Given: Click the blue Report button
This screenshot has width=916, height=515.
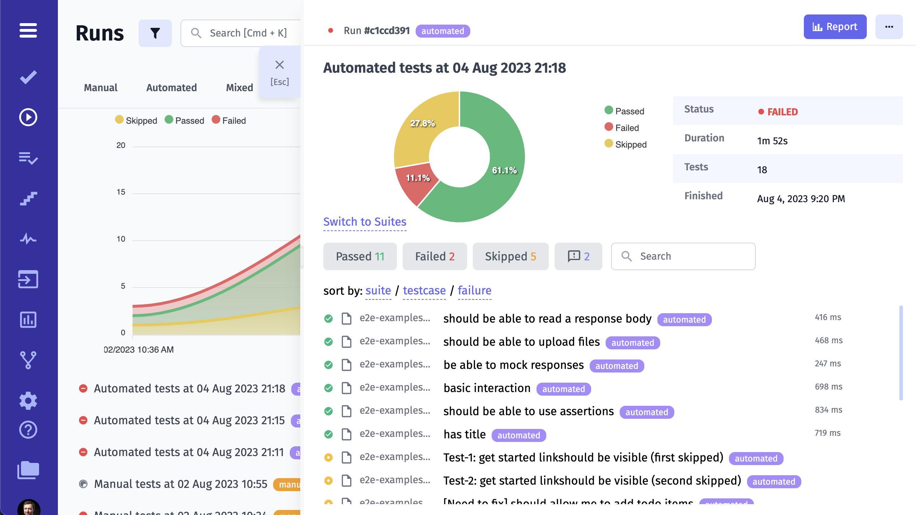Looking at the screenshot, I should (835, 27).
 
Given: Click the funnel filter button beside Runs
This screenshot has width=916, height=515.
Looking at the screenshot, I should (155, 33).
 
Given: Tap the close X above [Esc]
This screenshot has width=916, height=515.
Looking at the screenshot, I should (279, 65).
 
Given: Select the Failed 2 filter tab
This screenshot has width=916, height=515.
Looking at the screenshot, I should (434, 256).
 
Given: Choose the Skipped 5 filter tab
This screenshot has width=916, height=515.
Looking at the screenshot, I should (510, 256).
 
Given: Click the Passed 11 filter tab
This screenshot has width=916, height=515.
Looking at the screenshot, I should (360, 256).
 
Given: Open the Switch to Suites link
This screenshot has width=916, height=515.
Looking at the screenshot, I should (365, 222).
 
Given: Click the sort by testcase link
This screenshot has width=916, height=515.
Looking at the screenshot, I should (424, 290).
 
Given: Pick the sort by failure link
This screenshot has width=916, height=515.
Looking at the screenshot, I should (474, 290).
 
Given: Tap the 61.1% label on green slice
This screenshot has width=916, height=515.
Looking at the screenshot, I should (504, 170).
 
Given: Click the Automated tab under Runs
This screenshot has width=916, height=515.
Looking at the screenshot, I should (171, 88).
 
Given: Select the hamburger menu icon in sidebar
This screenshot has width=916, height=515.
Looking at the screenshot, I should (28, 30).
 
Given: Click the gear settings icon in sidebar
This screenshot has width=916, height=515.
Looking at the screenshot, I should (28, 401).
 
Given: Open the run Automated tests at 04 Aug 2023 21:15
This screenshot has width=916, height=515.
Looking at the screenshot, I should (189, 420).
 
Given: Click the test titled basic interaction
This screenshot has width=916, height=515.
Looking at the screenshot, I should (487, 388).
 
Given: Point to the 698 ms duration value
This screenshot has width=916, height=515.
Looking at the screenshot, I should (828, 387).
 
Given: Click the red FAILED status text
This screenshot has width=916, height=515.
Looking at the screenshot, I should (782, 112).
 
